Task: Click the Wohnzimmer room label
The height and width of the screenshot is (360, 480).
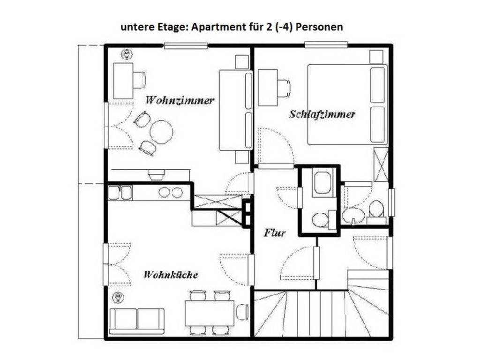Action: coord(180,100)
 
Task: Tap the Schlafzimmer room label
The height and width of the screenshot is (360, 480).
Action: coord(322,114)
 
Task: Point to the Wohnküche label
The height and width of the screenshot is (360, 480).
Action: coord(171,275)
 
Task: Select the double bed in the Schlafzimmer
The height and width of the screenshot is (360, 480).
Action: coord(347,104)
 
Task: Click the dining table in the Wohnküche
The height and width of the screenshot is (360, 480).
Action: coord(210,313)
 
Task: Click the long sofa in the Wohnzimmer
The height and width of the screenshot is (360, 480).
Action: coord(235,110)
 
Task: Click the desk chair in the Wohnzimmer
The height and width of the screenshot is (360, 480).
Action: coord(139,80)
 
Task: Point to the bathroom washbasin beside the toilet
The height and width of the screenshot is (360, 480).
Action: coord(352,216)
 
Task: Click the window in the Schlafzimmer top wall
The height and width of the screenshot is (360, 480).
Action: coord(326,45)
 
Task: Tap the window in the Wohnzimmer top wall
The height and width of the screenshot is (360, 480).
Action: coord(186,45)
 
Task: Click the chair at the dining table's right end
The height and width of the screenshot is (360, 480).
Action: coord(242,312)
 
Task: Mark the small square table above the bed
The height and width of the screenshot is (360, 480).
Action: coord(376,57)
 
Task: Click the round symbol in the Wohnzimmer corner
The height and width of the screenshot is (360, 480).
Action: coord(126,54)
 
